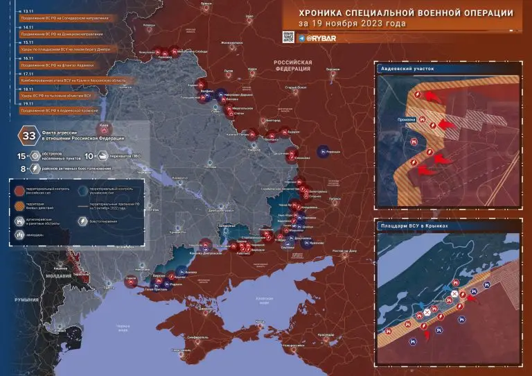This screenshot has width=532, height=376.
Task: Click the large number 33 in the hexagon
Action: point(30,135)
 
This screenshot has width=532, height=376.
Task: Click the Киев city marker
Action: point(105,127)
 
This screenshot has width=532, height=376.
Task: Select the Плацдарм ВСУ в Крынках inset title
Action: point(416,226)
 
